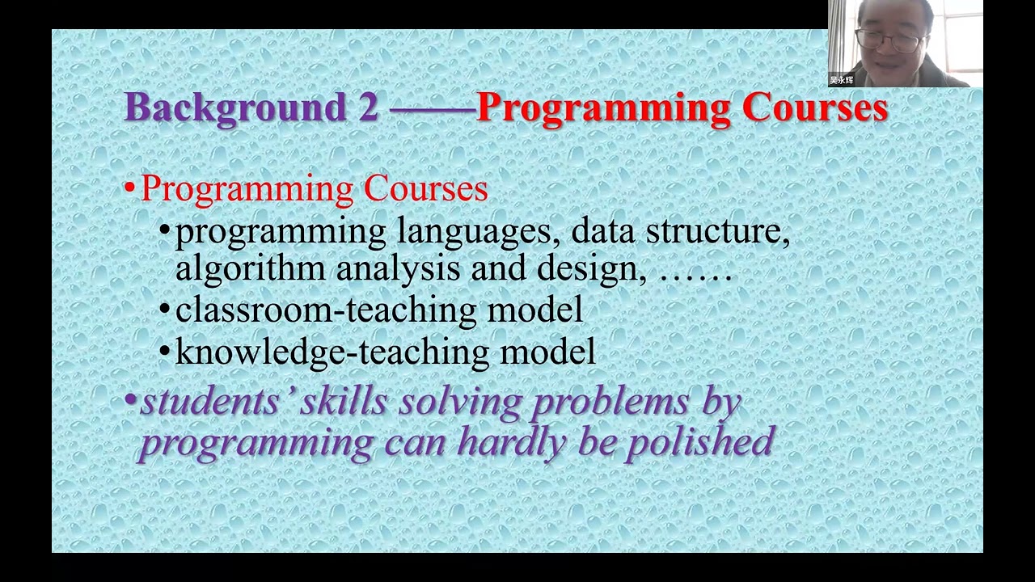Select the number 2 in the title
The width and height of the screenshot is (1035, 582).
[x=368, y=108]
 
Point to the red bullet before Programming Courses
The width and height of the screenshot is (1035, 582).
[x=129, y=189]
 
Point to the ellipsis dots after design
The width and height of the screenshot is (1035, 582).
[x=695, y=275]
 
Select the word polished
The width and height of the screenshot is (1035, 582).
[x=699, y=442]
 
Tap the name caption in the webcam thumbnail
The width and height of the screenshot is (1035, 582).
[x=842, y=80]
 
